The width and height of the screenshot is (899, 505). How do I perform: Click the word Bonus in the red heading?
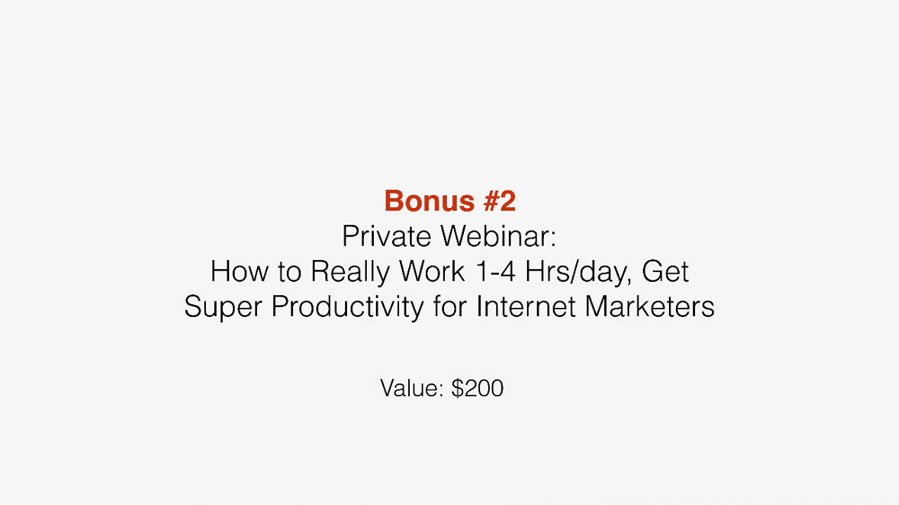pyautogui.click(x=430, y=201)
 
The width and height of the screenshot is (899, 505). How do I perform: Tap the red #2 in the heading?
pyautogui.click(x=499, y=201)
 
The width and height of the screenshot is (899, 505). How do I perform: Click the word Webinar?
pyautogui.click(x=498, y=236)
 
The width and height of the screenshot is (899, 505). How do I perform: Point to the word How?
pyautogui.click(x=240, y=271)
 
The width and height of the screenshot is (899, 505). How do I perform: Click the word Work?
pyautogui.click(x=432, y=271)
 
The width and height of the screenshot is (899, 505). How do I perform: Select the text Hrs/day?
pyautogui.click(x=578, y=272)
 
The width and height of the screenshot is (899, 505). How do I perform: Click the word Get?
pyautogui.click(x=665, y=271)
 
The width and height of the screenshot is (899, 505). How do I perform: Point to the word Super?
pyautogui.click(x=222, y=307)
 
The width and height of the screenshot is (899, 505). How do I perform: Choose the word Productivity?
pyautogui.click(x=347, y=307)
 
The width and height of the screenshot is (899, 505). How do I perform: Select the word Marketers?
pyautogui.click(x=650, y=306)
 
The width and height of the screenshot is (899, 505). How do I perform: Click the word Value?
pyautogui.click(x=412, y=389)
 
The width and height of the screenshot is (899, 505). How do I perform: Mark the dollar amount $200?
pyautogui.click(x=477, y=389)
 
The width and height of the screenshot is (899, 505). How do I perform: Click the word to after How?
pyautogui.click(x=289, y=272)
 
